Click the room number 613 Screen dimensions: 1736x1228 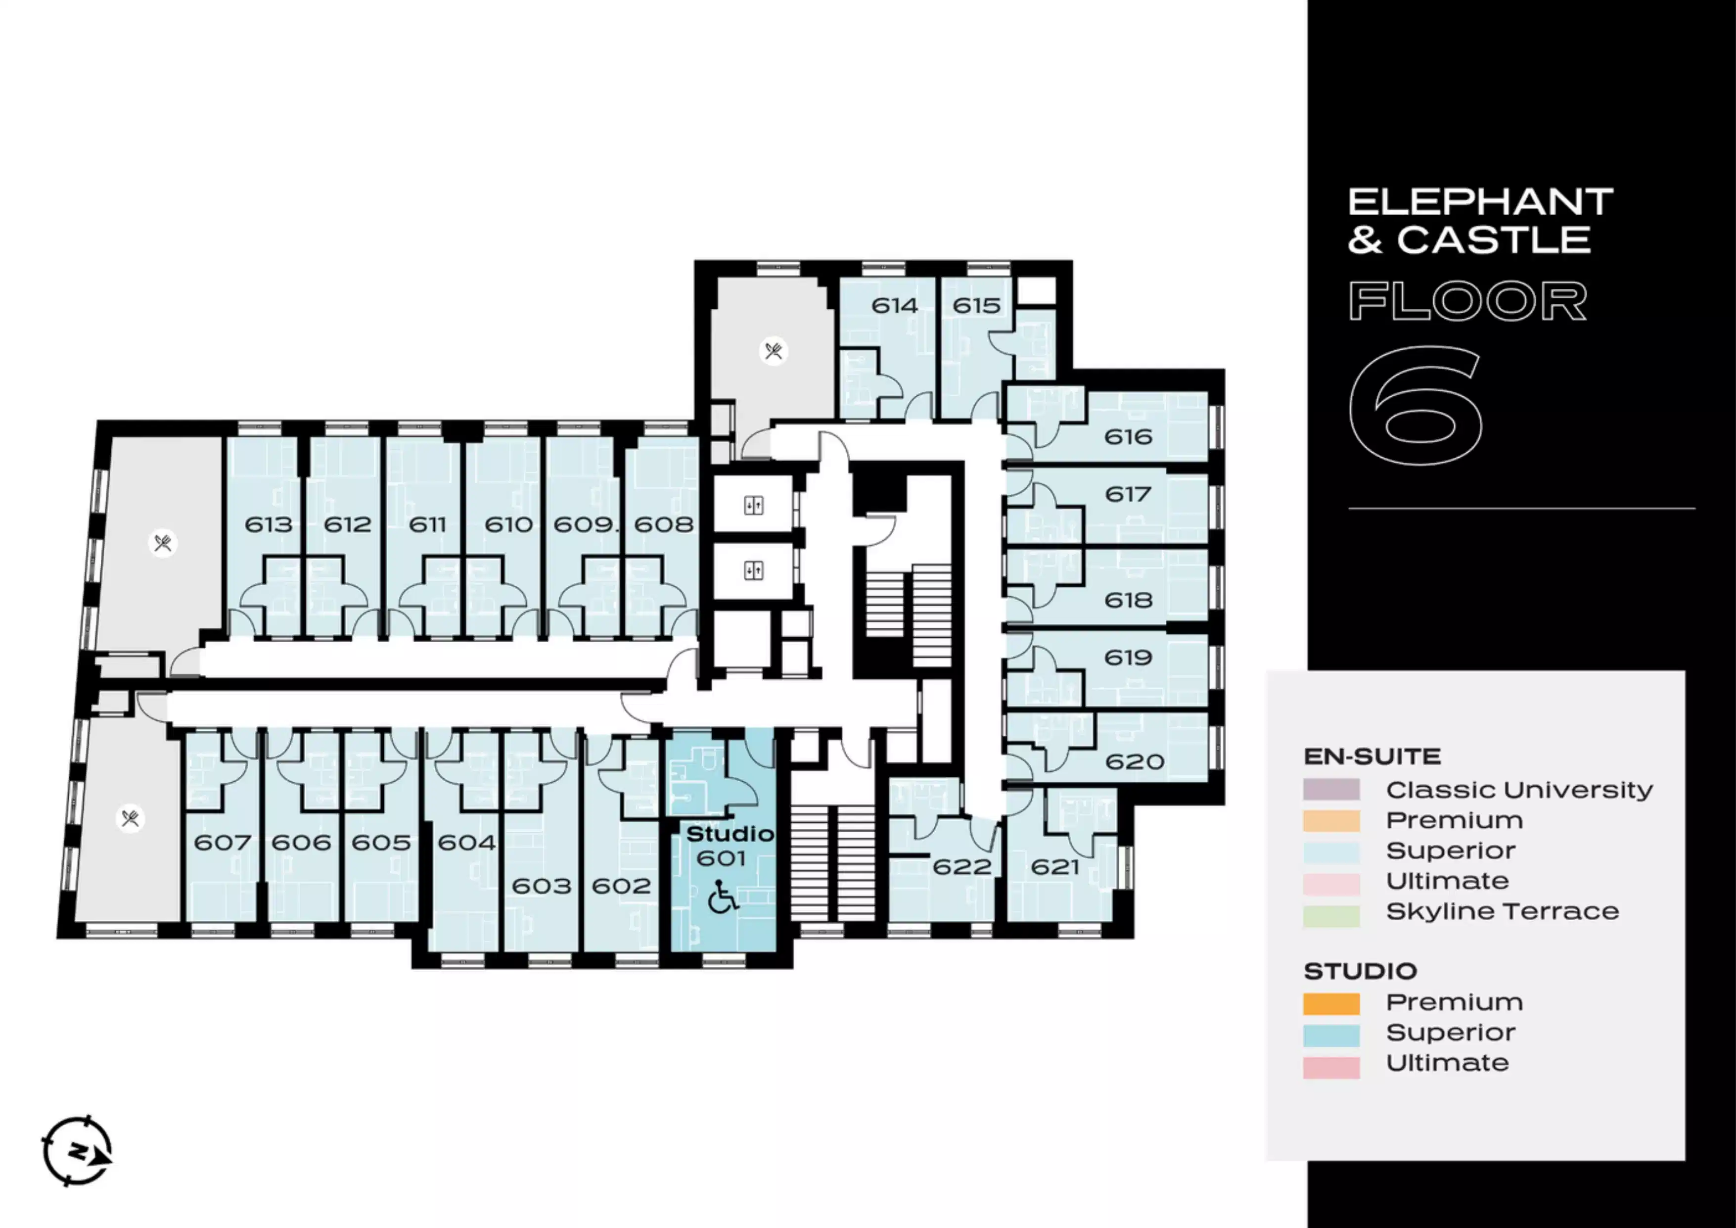(x=269, y=524)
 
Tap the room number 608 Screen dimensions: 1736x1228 (x=664, y=524)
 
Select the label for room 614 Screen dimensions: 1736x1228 (x=895, y=305)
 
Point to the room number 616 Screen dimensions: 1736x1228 (x=1128, y=436)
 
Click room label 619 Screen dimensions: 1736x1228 (x=1128, y=657)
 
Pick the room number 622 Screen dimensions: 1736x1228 (x=962, y=866)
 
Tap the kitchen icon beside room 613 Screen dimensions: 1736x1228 (x=163, y=543)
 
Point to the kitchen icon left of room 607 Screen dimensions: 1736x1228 (x=130, y=818)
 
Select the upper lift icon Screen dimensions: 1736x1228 (x=753, y=506)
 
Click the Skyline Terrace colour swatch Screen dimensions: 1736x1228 (x=1331, y=916)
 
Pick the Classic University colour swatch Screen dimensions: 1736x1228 (x=1331, y=790)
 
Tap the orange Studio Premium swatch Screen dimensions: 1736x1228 (x=1331, y=1003)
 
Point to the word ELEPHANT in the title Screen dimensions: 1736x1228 (x=1480, y=202)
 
